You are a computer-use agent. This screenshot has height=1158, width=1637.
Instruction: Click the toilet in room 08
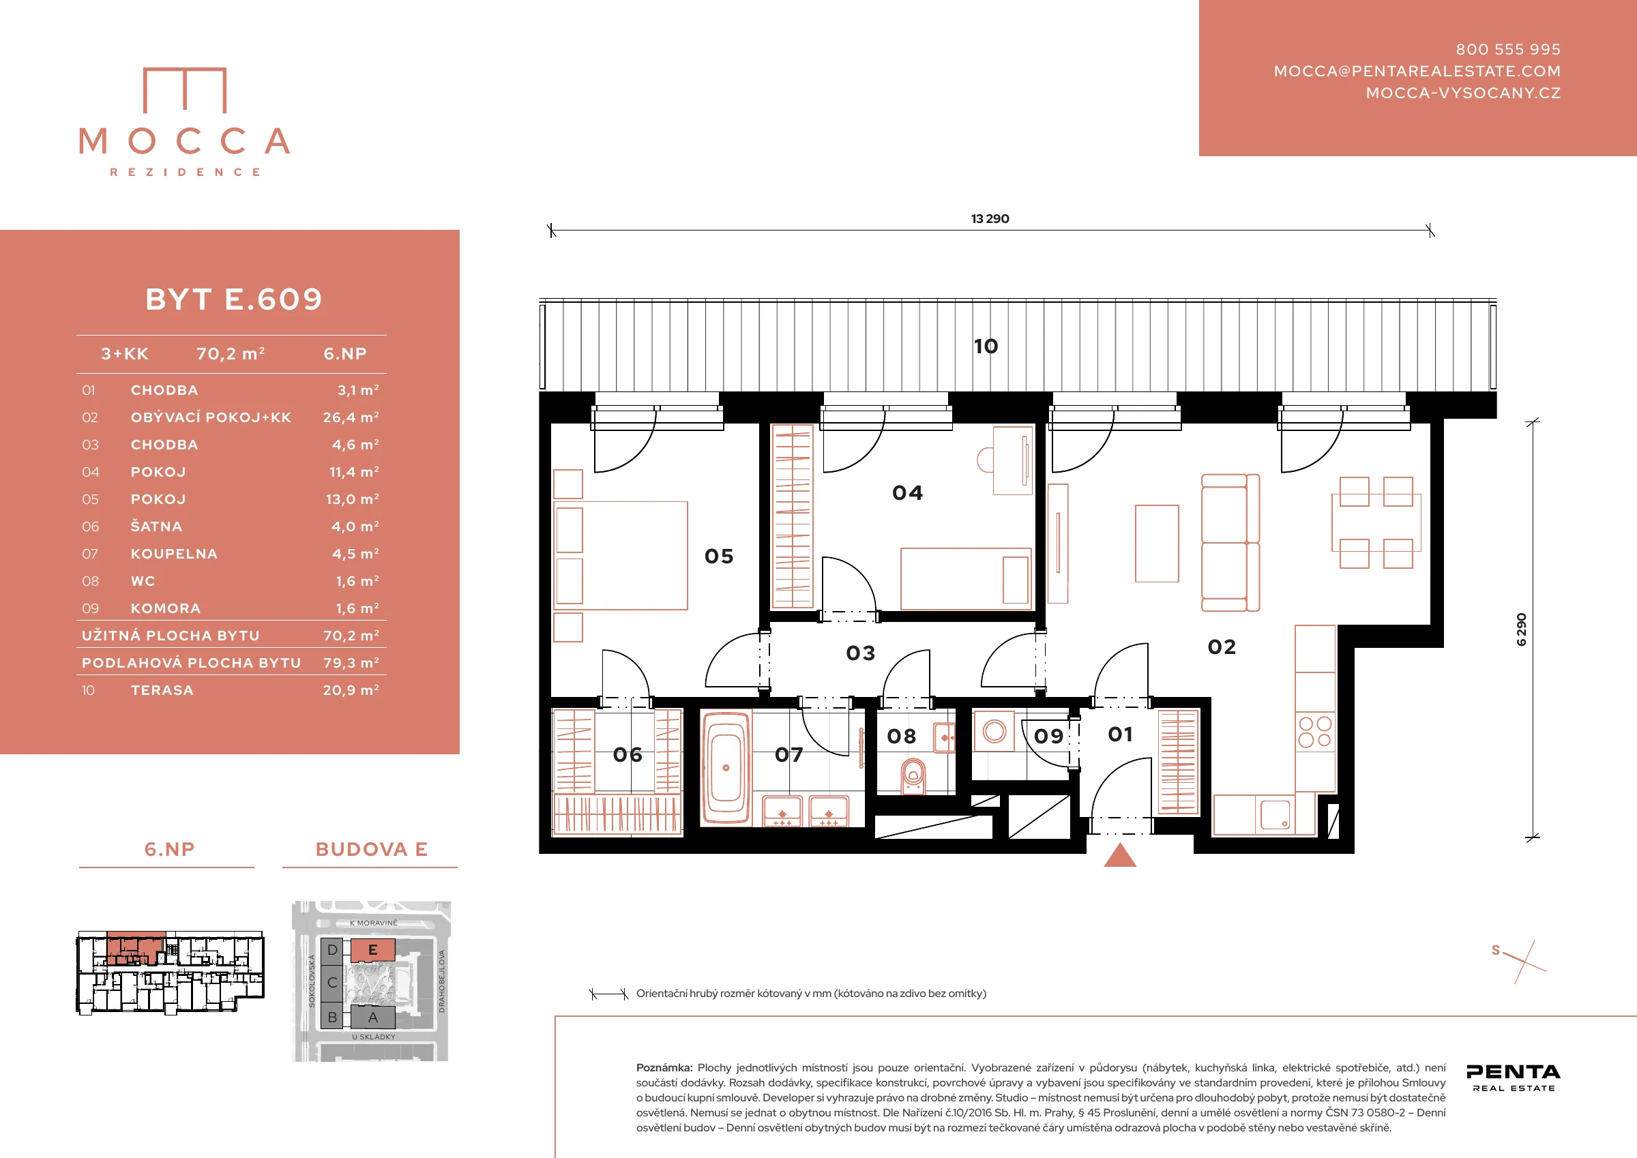tap(913, 776)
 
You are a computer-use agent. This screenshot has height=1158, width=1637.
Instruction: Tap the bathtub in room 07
tap(726, 768)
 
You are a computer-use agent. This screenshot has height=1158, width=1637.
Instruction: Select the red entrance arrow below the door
tap(1119, 855)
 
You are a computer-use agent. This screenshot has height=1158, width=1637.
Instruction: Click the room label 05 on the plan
tap(719, 556)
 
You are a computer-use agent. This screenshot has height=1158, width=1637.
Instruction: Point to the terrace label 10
tap(986, 346)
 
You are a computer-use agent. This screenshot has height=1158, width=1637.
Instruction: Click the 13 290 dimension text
tap(990, 219)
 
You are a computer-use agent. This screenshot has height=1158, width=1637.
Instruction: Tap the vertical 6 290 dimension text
tap(1521, 629)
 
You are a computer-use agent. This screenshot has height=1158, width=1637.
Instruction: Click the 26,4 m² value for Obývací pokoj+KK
tap(351, 417)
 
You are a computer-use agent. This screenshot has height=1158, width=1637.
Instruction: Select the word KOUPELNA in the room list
tap(174, 554)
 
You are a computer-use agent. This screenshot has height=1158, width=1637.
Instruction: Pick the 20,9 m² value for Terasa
tap(351, 690)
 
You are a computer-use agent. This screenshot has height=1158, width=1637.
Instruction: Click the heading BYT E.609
tap(234, 299)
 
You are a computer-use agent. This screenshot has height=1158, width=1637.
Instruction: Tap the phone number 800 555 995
tap(1508, 49)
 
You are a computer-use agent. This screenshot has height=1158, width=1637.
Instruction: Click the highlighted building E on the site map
tap(372, 950)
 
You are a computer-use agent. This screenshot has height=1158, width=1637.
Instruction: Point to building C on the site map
tap(332, 983)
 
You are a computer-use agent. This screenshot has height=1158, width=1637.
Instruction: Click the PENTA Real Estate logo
tap(1514, 1078)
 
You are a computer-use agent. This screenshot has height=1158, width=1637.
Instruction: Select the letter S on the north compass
tap(1496, 951)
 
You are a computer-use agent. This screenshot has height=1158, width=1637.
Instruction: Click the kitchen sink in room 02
tap(1275, 814)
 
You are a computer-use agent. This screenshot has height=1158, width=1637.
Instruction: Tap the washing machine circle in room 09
tap(994, 731)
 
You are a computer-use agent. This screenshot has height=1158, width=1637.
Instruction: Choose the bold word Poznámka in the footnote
tap(664, 1067)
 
